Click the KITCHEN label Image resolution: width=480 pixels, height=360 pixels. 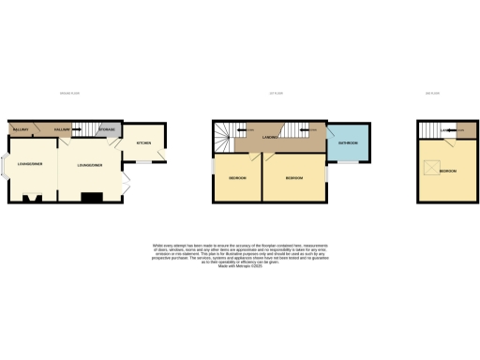pos(143,143)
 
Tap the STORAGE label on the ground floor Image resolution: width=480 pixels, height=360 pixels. pos(107,128)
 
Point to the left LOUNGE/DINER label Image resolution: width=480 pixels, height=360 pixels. pos(28,164)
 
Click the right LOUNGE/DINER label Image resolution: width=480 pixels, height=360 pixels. pos(90,164)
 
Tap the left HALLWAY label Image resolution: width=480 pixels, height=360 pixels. pos(21,129)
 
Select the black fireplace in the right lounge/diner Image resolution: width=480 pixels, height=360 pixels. pos(91,197)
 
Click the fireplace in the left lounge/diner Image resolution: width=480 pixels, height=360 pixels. pos(33,198)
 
